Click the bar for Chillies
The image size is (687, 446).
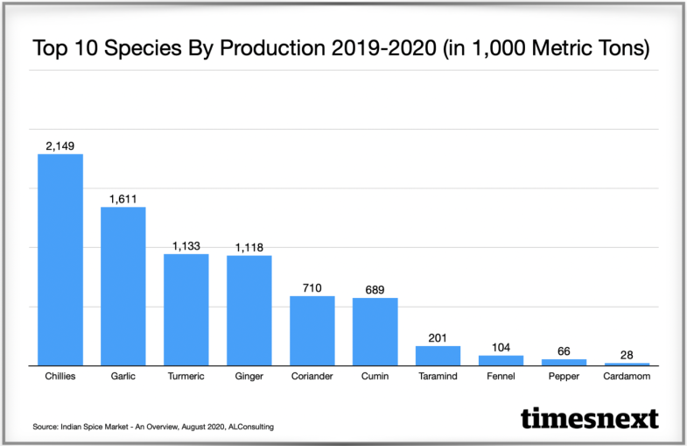(x=60, y=259)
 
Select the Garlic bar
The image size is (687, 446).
(x=123, y=286)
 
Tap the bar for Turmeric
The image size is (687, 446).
(x=186, y=309)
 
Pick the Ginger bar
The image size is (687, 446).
(x=249, y=310)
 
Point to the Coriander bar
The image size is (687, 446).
(x=312, y=330)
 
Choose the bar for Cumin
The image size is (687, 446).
(x=375, y=331)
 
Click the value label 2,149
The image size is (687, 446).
(x=60, y=145)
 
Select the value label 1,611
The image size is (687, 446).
(x=123, y=198)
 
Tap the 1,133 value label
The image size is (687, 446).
(x=186, y=245)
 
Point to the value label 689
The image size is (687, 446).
(x=375, y=289)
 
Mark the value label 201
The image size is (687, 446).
(x=438, y=337)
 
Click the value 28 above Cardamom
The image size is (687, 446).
(x=627, y=354)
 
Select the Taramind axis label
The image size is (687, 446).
(x=438, y=378)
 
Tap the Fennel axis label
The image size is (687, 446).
(x=501, y=378)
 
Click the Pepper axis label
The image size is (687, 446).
(x=564, y=378)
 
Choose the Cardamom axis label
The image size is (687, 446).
(x=627, y=378)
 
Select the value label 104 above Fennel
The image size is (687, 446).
(x=501, y=347)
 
